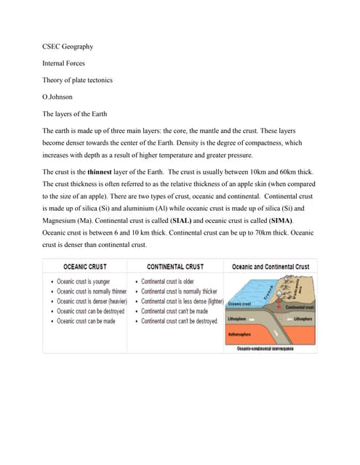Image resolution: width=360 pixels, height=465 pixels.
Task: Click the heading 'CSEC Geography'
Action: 68,47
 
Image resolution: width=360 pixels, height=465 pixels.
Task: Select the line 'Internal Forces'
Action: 64,63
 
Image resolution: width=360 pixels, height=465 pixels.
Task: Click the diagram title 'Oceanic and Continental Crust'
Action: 270,267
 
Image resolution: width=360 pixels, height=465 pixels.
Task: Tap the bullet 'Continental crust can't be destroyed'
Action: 178,320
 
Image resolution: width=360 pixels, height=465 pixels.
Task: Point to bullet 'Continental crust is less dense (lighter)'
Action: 183,301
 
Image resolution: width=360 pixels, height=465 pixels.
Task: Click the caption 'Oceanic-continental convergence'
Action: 265,349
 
